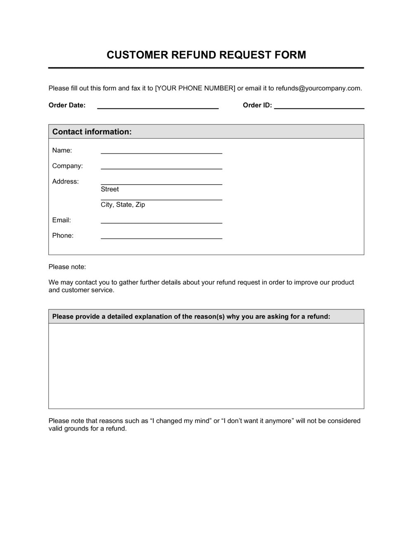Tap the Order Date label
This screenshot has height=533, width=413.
67,105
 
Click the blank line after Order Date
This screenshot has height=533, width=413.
157,107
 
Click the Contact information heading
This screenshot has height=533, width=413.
92,132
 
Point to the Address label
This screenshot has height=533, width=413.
65,181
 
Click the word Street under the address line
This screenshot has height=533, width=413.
109,189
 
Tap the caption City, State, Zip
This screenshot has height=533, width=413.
123,205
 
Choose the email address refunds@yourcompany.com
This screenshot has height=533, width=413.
318,88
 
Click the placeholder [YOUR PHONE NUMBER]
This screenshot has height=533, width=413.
195,88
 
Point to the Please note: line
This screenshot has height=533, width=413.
67,267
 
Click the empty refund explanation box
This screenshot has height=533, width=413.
206,366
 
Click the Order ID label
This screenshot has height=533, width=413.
257,105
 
